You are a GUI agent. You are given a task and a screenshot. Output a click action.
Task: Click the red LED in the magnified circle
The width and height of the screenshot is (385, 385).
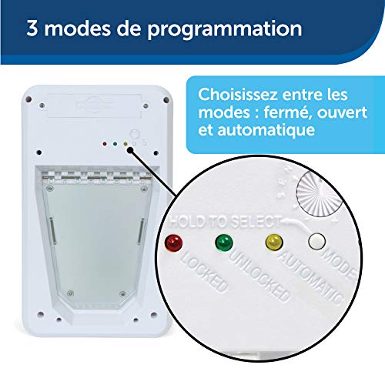173,243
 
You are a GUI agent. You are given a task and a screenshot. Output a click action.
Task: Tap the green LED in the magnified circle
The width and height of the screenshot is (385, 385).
224,243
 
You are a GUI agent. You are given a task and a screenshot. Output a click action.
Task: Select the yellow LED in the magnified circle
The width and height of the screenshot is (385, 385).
274,243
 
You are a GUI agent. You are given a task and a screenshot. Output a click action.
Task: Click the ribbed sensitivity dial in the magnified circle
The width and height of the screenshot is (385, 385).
320,194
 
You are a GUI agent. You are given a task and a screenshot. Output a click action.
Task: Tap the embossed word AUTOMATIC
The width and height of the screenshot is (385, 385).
311,277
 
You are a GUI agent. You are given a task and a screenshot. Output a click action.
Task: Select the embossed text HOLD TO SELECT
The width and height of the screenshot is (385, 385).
225,221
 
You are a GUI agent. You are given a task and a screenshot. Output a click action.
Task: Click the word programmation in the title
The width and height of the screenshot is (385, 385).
225,29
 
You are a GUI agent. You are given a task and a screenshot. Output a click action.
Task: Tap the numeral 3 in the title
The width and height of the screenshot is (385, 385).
32,28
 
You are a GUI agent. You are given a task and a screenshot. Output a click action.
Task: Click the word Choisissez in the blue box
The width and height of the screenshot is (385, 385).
238,95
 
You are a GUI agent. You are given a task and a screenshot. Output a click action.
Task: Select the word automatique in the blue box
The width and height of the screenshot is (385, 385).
266,130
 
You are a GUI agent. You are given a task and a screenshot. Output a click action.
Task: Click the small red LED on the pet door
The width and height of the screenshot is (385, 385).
105,144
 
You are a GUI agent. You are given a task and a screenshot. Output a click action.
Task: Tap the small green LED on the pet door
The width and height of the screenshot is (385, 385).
115,144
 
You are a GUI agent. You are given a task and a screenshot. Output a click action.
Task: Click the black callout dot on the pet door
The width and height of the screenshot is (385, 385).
130,150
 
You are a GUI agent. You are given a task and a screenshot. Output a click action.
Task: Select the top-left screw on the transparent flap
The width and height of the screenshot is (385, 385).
49,189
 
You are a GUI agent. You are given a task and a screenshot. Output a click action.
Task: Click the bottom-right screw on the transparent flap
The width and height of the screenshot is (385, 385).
123,294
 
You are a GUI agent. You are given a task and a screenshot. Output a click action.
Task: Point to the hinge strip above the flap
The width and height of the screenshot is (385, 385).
97,177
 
